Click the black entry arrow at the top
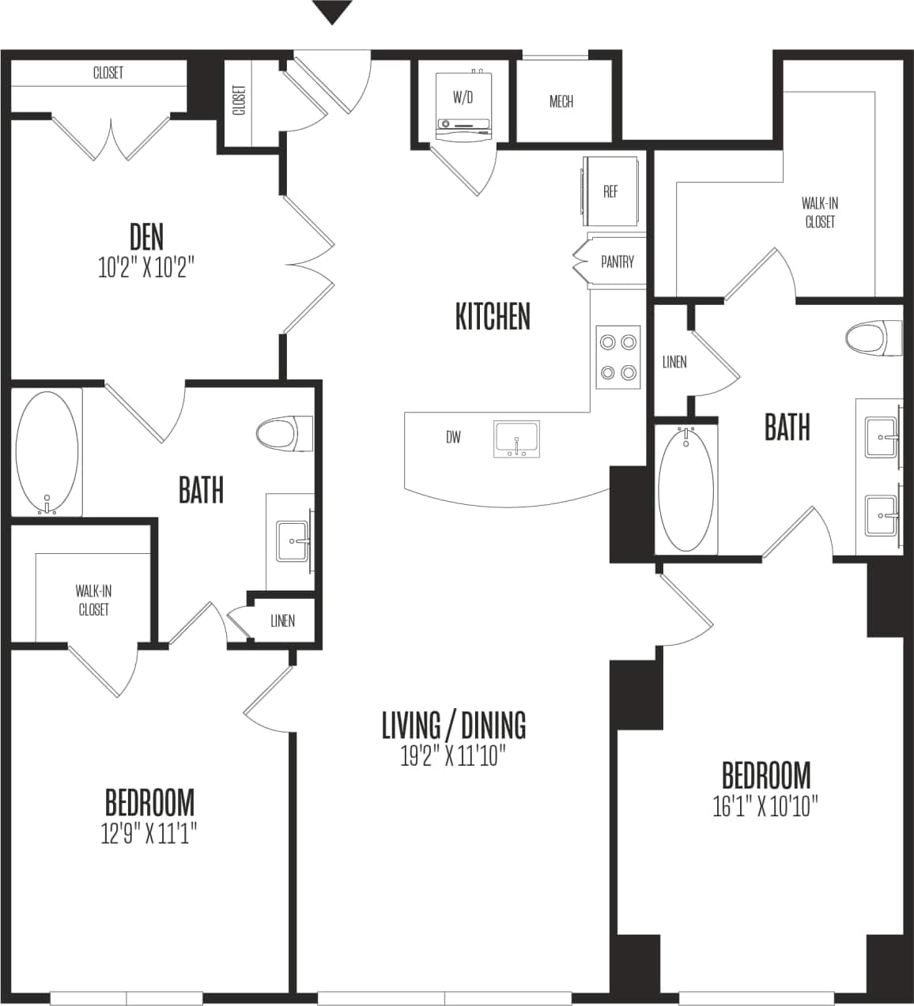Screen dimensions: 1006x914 (332, 12)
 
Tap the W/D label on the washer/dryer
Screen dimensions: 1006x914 (463, 98)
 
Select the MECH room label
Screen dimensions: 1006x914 (561, 102)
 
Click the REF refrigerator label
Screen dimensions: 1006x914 (610, 192)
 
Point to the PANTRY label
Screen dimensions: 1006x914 (617, 262)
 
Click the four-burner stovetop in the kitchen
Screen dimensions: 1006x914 (618, 357)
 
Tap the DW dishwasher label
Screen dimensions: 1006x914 (453, 437)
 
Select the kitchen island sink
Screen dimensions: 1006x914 (516, 439)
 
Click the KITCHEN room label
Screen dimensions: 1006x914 (493, 316)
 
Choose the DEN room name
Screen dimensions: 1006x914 (146, 236)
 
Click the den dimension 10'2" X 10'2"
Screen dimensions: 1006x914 (146, 268)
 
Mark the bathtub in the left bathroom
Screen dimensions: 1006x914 (47, 452)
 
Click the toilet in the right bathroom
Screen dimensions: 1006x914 (873, 337)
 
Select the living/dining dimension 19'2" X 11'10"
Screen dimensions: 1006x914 (453, 756)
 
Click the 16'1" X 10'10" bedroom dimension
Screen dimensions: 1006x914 (765, 807)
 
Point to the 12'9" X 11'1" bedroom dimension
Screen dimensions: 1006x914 (149, 833)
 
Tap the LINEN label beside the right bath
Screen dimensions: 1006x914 (674, 362)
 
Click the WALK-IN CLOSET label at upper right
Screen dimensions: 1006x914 (820, 213)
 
